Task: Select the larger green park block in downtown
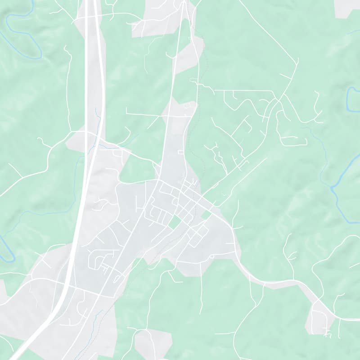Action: [173, 221]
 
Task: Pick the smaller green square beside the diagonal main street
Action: [206, 216]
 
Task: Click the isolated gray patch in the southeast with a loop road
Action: [320, 317]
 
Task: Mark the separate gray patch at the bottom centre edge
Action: [153, 342]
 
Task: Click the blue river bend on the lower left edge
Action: [7, 252]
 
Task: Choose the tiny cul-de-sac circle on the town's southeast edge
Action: [211, 255]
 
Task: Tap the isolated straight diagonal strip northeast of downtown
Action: [243, 175]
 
